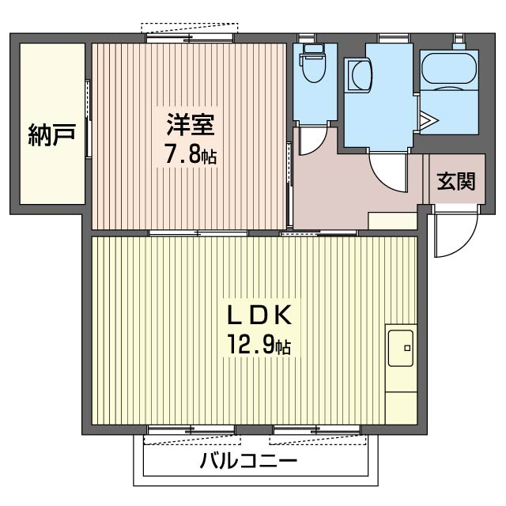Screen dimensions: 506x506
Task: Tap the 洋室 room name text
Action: click(x=190, y=125)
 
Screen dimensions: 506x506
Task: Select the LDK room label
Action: click(x=261, y=315)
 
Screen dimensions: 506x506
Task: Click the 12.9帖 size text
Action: click(x=261, y=346)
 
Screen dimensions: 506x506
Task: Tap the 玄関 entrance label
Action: click(x=456, y=182)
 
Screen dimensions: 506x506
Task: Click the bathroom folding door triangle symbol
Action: click(x=428, y=120)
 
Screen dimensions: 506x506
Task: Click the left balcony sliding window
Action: click(x=191, y=432)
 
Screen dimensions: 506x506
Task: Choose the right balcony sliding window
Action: click(x=317, y=432)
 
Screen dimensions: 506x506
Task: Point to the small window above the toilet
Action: click(x=313, y=37)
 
